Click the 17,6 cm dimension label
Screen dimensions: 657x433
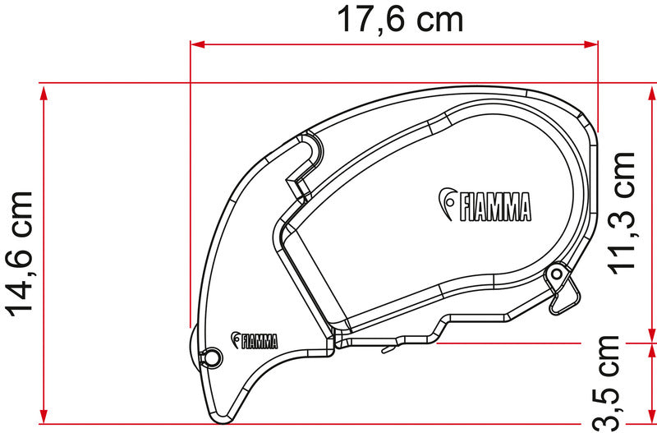tap(400, 20)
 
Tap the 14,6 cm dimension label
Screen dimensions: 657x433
tap(19, 254)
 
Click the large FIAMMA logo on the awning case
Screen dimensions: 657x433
tap(485, 205)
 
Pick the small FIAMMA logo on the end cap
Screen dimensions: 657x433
tap(254, 340)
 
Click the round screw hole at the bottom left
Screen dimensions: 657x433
tap(212, 357)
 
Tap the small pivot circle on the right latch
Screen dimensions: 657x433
tap(557, 274)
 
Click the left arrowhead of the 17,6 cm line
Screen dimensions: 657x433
tap(198, 44)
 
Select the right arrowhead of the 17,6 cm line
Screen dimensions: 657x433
tap(590, 44)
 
